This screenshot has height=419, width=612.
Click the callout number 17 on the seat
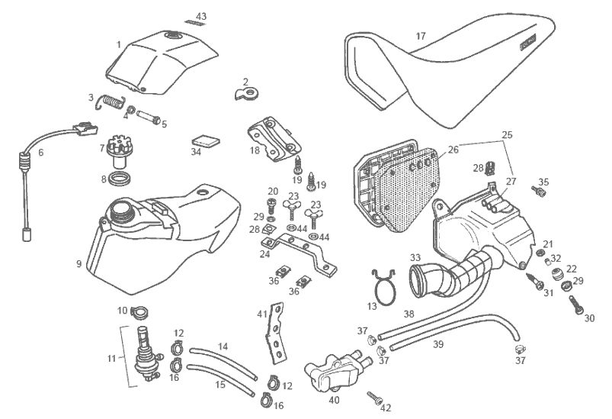point(421,36)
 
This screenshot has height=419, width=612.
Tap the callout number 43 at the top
point(201,16)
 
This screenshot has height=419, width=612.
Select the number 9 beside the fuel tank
point(78,265)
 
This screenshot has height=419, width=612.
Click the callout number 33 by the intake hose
point(415,257)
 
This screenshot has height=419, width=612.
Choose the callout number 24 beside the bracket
point(264,255)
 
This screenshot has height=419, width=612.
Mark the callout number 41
point(262,314)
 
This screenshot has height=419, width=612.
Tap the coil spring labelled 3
point(113,101)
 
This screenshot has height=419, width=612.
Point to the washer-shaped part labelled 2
point(248,95)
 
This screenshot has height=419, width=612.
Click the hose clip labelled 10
point(138,311)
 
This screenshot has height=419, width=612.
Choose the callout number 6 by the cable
point(41,153)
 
